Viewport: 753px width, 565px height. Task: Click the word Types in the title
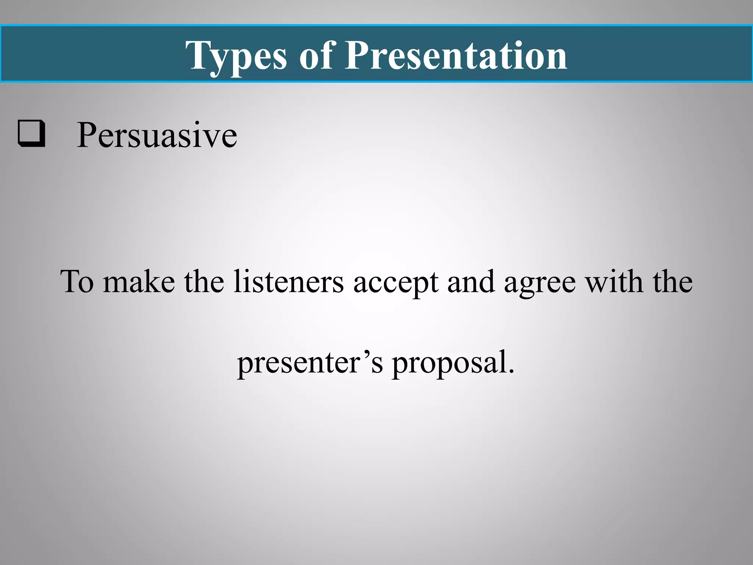click(236, 56)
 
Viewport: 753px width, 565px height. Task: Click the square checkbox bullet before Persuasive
click(32, 134)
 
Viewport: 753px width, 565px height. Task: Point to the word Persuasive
click(157, 135)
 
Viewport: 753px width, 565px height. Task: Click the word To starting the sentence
click(77, 281)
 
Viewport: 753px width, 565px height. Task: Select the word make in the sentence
click(139, 281)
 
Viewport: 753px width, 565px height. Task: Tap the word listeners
click(289, 281)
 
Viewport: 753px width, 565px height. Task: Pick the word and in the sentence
click(471, 281)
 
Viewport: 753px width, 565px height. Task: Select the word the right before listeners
click(204, 281)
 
